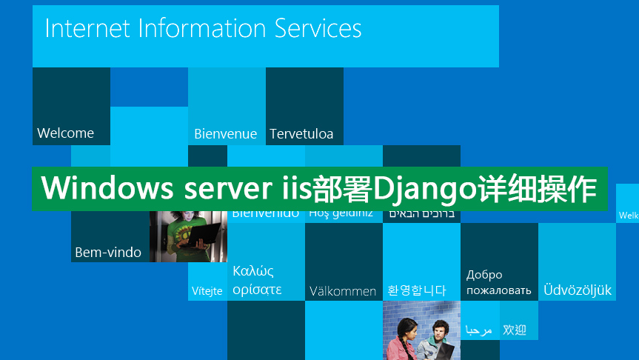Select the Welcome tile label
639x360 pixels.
click(66, 133)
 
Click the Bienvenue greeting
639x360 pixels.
click(226, 134)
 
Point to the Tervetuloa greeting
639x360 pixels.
click(301, 134)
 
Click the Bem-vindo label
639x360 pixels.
click(108, 253)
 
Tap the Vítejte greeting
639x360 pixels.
click(207, 291)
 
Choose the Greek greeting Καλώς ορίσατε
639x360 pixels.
click(257, 280)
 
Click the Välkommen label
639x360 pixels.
click(343, 291)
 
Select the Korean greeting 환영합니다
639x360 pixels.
click(417, 291)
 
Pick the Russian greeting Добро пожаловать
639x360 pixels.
click(498, 283)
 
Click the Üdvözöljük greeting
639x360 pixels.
click(578, 290)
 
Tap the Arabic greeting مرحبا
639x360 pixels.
click(478, 330)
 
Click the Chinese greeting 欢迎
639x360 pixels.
click(514, 330)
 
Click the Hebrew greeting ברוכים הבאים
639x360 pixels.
click(421, 216)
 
